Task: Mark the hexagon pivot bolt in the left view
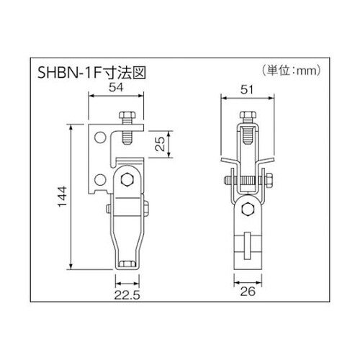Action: (127, 180)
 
